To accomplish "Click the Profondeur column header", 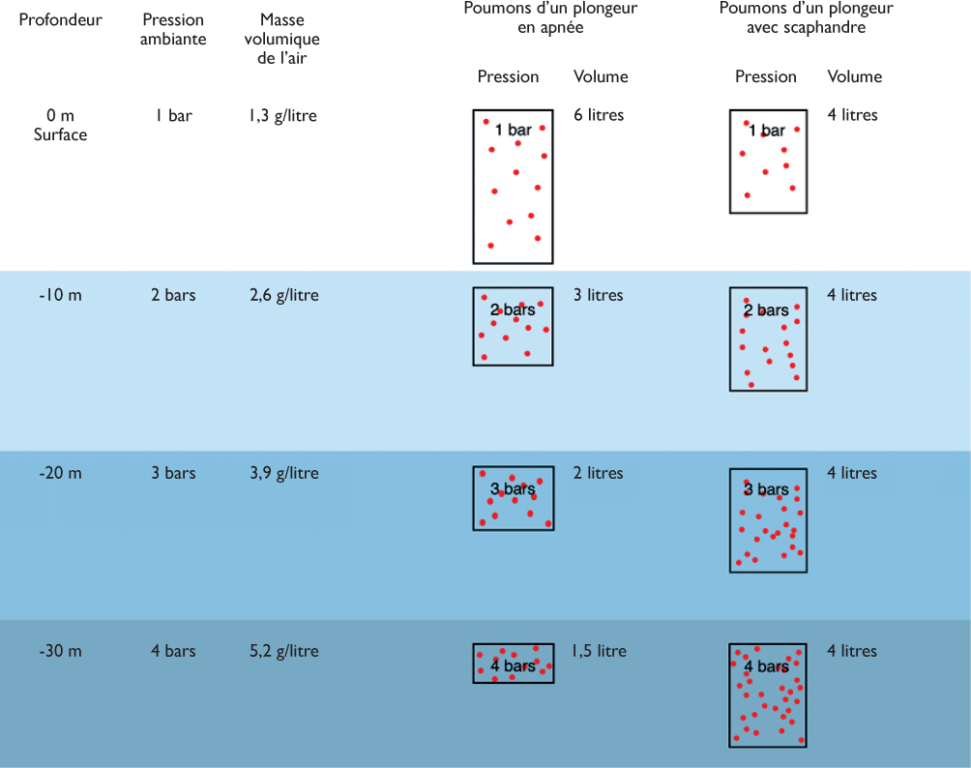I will pyautogui.click(x=61, y=20).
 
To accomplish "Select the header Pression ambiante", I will pyautogui.click(x=173, y=30).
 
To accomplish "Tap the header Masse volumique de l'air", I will pyautogui.click(x=282, y=39).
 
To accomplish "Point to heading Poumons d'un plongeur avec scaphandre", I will pyautogui.click(x=792, y=18).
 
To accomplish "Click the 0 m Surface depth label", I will pyautogui.click(x=61, y=125).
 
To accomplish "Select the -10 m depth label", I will pyautogui.click(x=61, y=295).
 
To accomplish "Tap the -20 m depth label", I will pyautogui.click(x=61, y=473).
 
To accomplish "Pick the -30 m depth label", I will pyautogui.click(x=61, y=651).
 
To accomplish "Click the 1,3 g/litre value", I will pyautogui.click(x=282, y=116).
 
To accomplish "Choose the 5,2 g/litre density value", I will pyautogui.click(x=283, y=651).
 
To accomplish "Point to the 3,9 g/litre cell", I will pyautogui.click(x=283, y=473).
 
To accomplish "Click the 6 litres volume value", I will pyautogui.click(x=599, y=115).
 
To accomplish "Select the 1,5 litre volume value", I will pyautogui.click(x=599, y=651).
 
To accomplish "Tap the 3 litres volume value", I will pyautogui.click(x=598, y=295).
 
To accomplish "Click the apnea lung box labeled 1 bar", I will pyautogui.click(x=513, y=186).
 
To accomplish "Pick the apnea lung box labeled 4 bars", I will pyautogui.click(x=513, y=664).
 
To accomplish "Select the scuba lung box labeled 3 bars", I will pyautogui.click(x=769, y=520).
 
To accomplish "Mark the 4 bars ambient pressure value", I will pyautogui.click(x=173, y=651).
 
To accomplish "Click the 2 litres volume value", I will pyautogui.click(x=598, y=473).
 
